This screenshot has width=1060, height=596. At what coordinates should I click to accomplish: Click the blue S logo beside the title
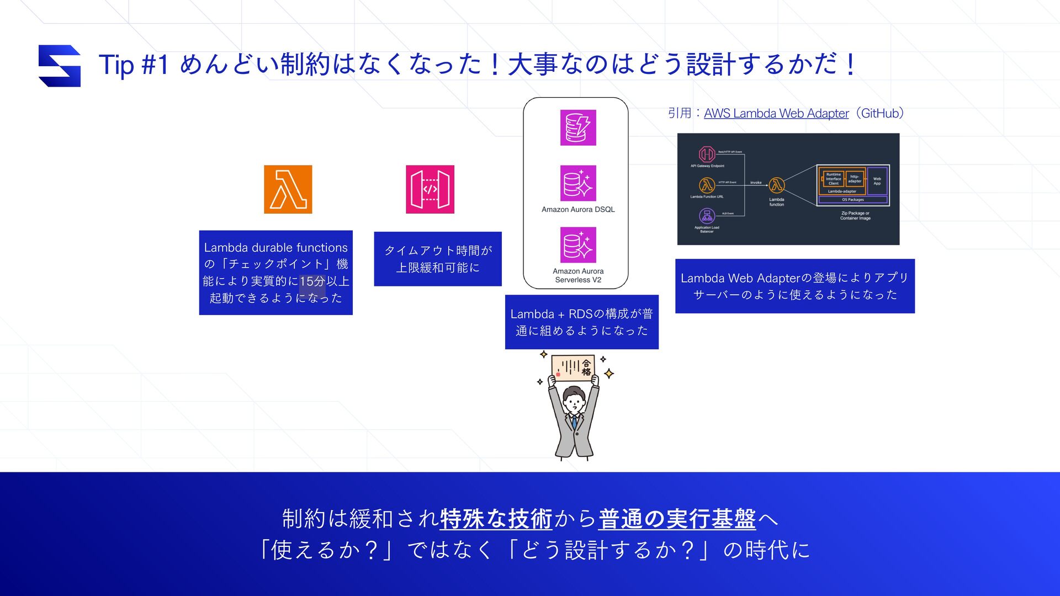click(60, 66)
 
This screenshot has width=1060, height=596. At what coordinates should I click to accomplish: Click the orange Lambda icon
click(288, 189)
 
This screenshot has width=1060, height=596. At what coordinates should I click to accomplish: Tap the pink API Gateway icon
click(430, 189)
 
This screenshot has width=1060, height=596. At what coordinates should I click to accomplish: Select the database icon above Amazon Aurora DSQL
click(578, 183)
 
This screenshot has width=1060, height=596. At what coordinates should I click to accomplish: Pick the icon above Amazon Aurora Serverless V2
click(578, 245)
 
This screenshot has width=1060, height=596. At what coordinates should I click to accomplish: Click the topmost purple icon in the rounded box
click(578, 127)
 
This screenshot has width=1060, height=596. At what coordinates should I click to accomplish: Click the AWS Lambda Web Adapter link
click(776, 113)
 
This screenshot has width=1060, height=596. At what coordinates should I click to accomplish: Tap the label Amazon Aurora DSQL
click(578, 210)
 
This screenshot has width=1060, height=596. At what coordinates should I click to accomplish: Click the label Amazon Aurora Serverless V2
click(578, 275)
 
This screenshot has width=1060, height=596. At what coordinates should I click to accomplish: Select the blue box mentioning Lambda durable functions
click(275, 273)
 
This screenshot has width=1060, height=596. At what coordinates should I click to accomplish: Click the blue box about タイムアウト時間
click(438, 259)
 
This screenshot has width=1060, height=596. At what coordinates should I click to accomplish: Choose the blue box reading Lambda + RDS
click(581, 322)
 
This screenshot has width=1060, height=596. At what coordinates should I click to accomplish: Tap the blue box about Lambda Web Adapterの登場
click(794, 286)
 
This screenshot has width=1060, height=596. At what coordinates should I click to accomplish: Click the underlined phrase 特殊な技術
click(496, 519)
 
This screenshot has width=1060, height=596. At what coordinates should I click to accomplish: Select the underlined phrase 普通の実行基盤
click(677, 519)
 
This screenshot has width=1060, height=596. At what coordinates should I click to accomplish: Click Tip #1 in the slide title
click(133, 65)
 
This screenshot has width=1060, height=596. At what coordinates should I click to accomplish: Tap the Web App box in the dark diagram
click(877, 181)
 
